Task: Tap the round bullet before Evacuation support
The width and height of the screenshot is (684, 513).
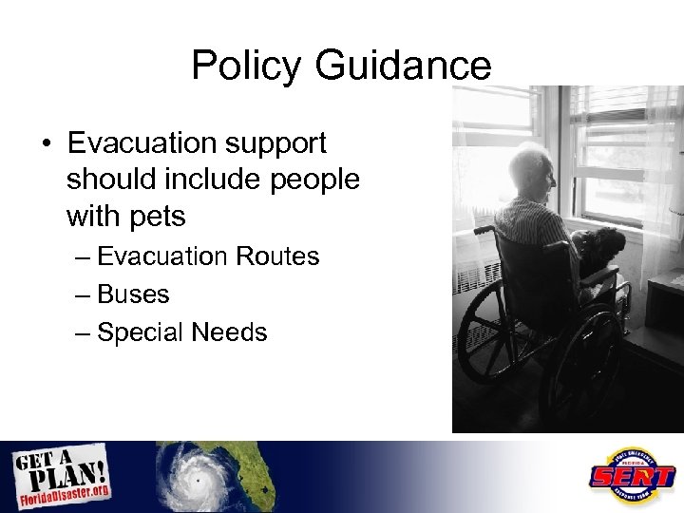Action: [46, 144]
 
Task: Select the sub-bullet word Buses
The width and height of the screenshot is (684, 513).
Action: [133, 294]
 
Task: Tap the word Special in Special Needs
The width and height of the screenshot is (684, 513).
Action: [142, 332]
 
